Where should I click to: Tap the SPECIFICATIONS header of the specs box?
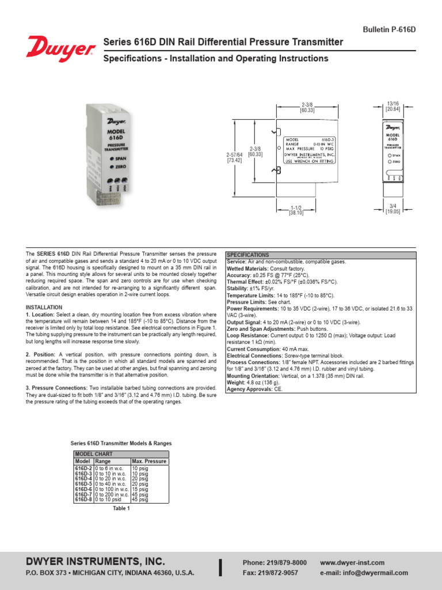[248, 255]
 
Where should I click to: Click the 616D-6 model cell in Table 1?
[83, 489]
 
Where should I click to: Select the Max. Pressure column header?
[149, 461]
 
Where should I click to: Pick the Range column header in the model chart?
[104, 461]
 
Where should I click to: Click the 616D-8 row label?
[83, 500]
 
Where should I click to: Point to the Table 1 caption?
[121, 508]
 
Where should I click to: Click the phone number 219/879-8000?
[275, 562]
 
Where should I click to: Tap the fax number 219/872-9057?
[270, 573]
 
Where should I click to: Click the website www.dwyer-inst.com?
[352, 562]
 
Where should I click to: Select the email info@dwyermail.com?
[364, 573]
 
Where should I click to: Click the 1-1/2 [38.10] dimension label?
[296, 210]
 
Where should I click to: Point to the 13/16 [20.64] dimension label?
[393, 106]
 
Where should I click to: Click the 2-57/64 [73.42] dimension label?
[234, 157]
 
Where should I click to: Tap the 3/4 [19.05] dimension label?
[393, 209]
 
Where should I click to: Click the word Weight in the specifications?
[237, 383]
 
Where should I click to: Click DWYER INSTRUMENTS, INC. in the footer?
[96, 561]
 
